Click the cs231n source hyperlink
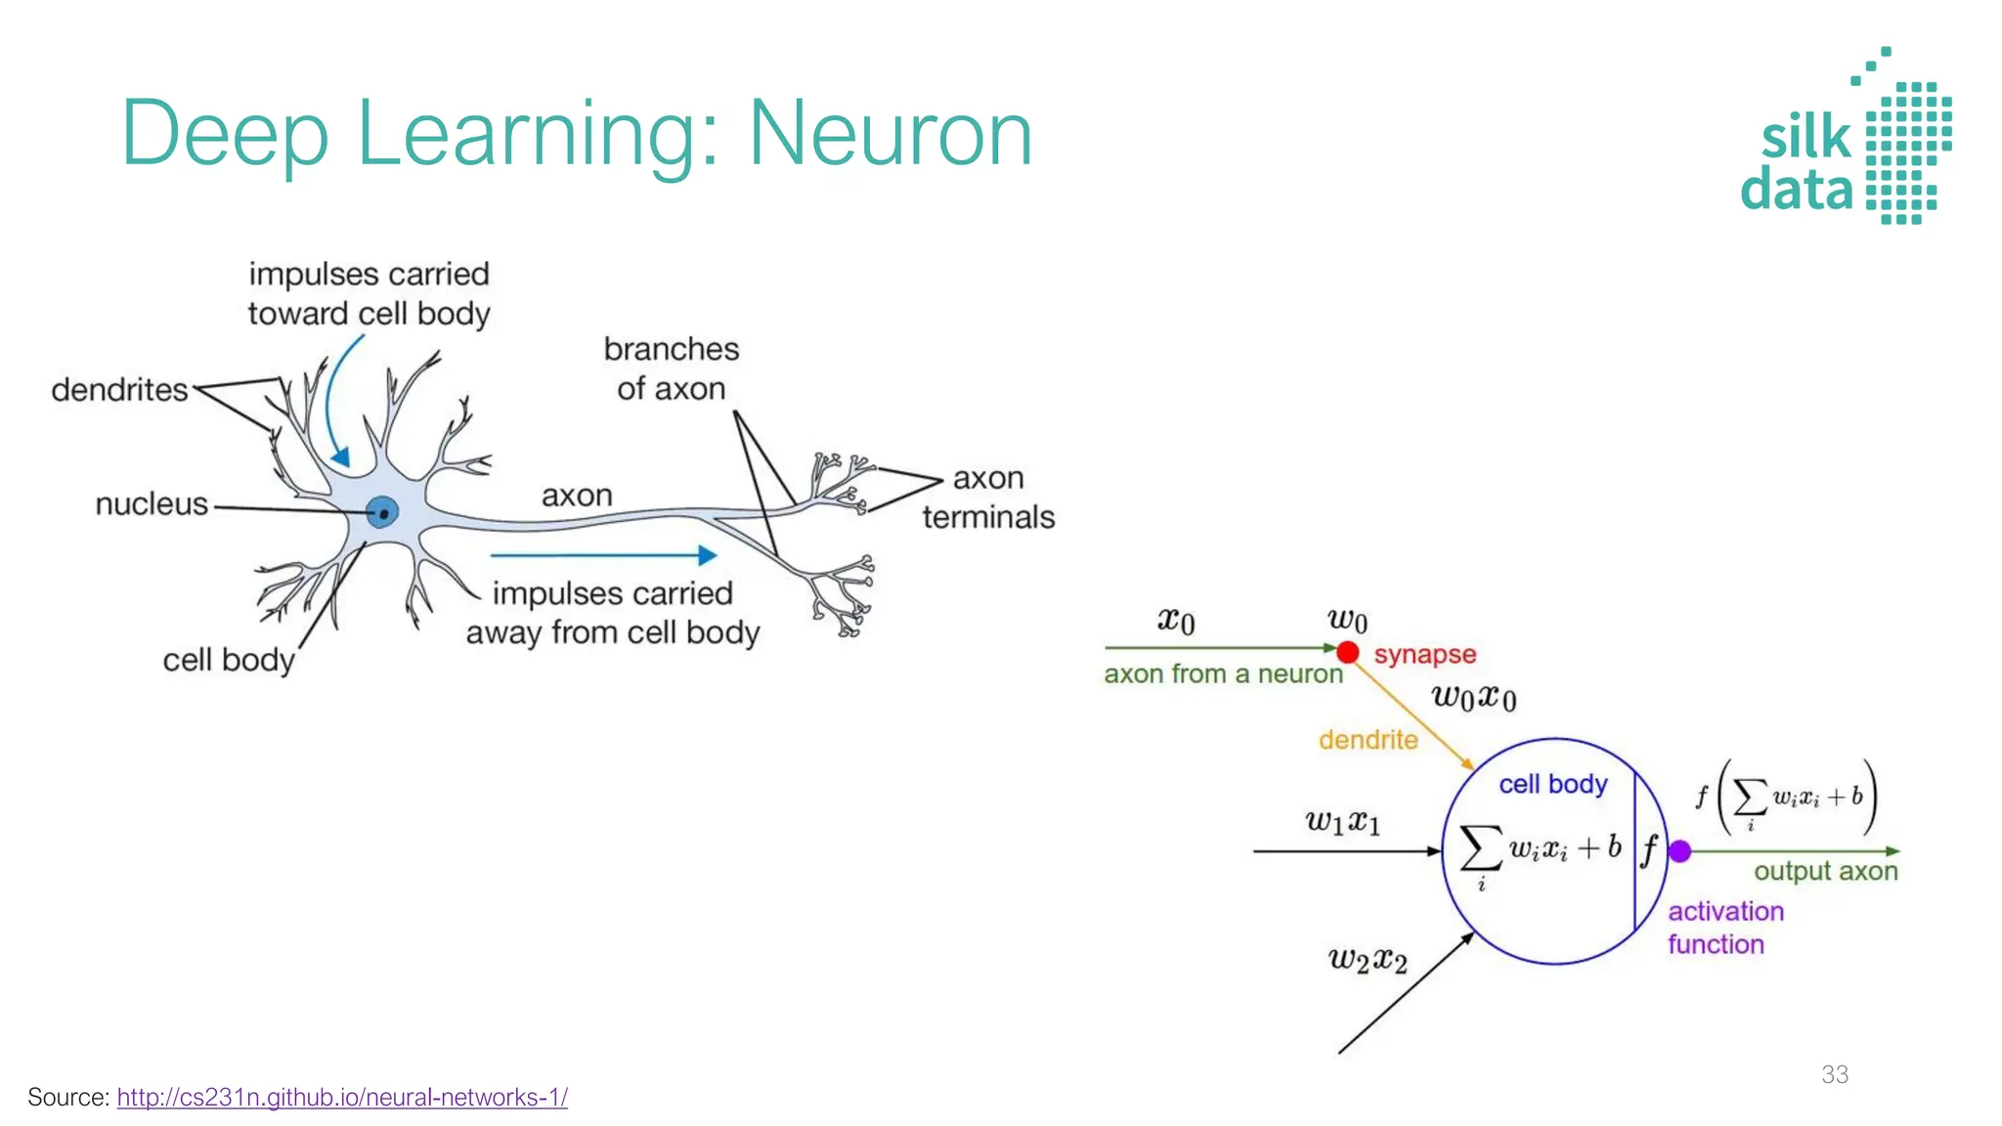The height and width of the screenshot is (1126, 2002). (x=342, y=1098)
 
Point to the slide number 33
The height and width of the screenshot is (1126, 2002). (x=1835, y=1074)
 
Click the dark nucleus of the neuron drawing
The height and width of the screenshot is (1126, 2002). (x=383, y=512)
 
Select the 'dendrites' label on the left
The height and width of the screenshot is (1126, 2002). (x=119, y=390)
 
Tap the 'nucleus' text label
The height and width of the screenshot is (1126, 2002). (x=152, y=504)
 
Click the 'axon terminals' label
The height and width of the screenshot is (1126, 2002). (x=988, y=498)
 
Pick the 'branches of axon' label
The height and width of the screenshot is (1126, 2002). (x=672, y=368)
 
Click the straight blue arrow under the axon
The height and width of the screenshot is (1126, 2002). (x=603, y=555)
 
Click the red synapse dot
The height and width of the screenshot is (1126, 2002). (x=1348, y=652)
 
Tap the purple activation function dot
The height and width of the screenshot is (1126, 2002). (x=1680, y=851)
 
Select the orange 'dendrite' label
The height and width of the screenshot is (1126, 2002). (x=1368, y=740)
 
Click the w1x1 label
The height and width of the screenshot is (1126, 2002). (x=1343, y=821)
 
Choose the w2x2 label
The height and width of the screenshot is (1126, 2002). (x=1368, y=959)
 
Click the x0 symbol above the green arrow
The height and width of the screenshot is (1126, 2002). (x=1176, y=621)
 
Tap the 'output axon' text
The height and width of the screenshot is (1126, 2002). (x=1825, y=871)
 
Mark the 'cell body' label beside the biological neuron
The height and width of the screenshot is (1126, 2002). (x=228, y=660)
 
